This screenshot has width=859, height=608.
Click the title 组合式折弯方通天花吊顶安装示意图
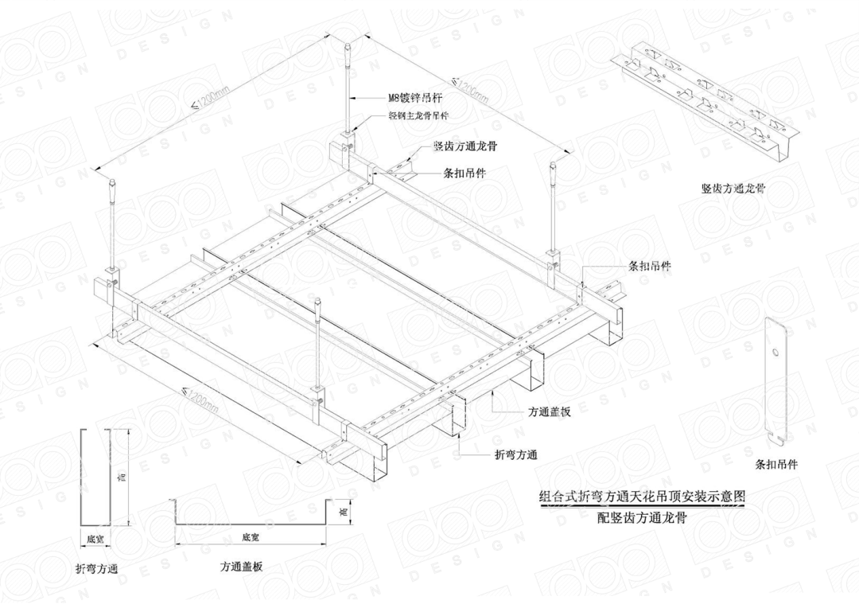coord(643,497)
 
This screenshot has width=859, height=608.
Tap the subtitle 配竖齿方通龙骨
coord(643,516)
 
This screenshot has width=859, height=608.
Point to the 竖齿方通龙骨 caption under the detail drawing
coord(733,189)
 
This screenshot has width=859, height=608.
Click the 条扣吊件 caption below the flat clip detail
coord(776,465)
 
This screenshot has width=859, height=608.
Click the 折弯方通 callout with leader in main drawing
coord(516,455)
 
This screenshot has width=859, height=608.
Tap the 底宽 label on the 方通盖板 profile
coord(251,537)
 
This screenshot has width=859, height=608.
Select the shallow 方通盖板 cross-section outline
coord(251,517)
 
